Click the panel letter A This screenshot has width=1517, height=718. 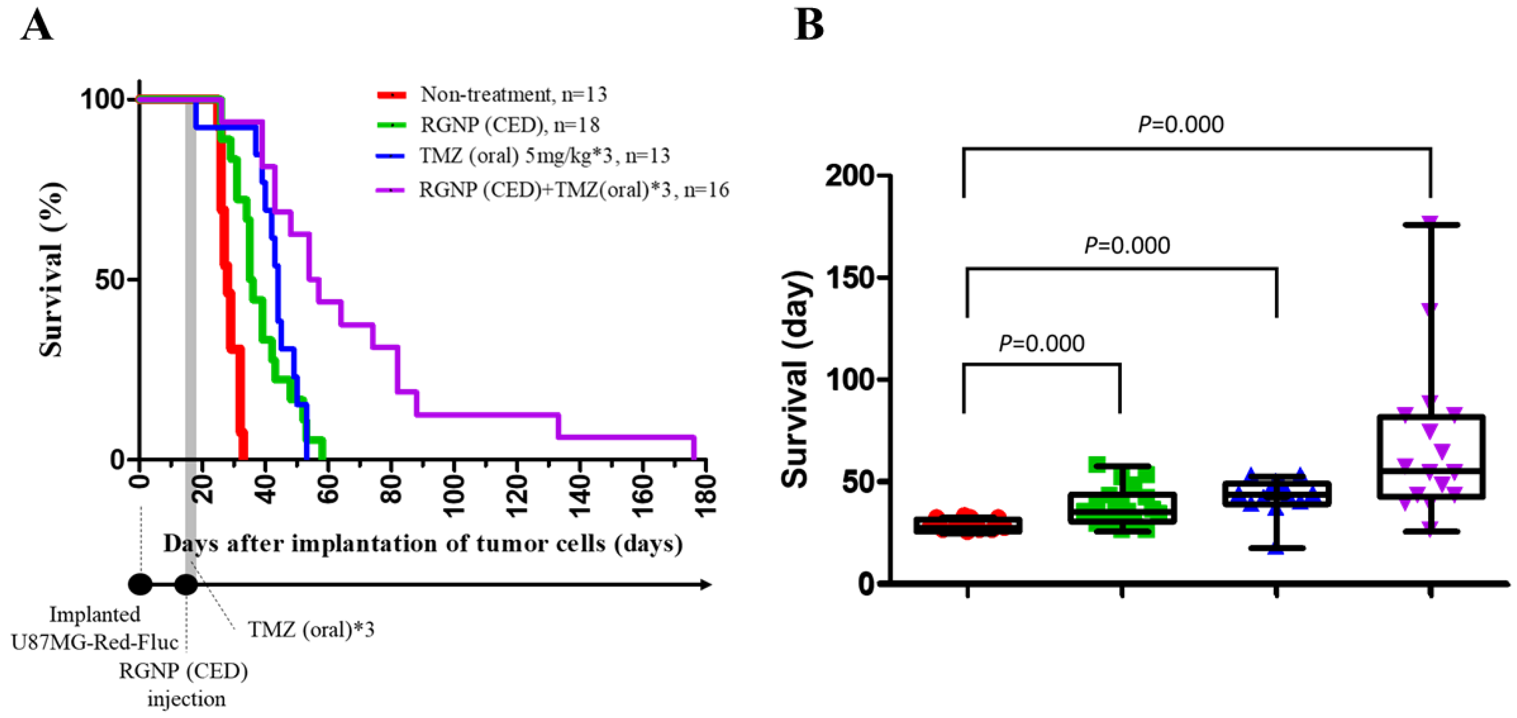click(36, 26)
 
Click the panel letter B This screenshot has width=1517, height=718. click(809, 25)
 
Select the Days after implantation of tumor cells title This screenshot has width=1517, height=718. click(423, 543)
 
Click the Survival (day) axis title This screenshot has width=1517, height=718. click(796, 379)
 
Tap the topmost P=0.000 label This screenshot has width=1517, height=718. click(1180, 125)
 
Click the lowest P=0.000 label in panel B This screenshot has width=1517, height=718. click(1041, 343)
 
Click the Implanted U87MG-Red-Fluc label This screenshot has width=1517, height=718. click(95, 628)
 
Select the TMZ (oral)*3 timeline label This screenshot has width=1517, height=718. click(311, 630)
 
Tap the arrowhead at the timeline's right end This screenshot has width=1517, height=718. click(706, 584)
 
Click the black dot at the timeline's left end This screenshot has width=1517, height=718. click(140, 584)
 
